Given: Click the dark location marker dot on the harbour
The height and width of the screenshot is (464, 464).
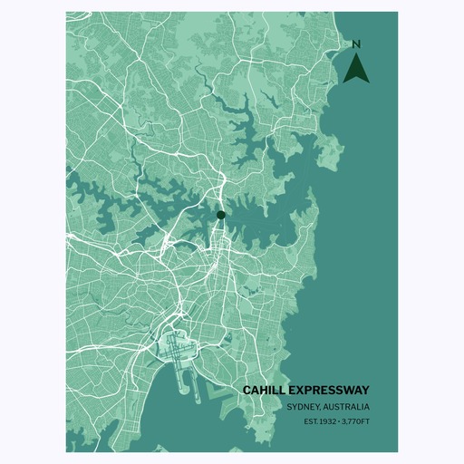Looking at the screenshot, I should pos(220,215).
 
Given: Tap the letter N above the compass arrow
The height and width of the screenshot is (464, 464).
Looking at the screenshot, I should pos(356,44).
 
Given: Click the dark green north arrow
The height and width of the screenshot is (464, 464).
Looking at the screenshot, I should pos(356,68).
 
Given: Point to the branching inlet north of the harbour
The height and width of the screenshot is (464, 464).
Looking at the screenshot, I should pos(245,136).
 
